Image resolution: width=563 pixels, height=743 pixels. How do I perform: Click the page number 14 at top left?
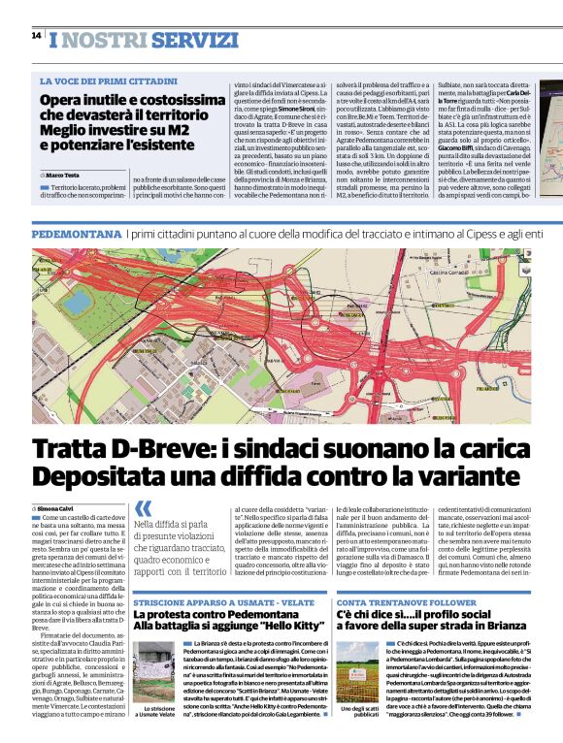pos(36,36)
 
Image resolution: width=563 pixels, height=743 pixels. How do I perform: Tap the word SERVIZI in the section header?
pos(195,39)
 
